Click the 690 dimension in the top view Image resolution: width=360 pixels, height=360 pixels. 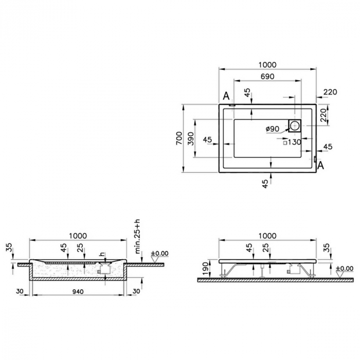[x=267, y=77]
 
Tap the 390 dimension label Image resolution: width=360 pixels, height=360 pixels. [x=191, y=138]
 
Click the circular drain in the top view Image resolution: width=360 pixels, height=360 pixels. [x=295, y=125]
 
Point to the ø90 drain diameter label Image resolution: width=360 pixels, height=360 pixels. [x=273, y=129]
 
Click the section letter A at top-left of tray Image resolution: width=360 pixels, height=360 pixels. [x=226, y=96]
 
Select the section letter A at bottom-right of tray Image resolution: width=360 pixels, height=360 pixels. [x=321, y=165]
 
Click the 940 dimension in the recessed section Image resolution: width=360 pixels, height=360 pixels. [x=77, y=292]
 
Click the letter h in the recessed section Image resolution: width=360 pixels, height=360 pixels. [x=102, y=254]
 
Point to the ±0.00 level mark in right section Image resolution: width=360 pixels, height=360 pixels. [x=344, y=268]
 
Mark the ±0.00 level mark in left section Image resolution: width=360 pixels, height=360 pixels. [x=159, y=253]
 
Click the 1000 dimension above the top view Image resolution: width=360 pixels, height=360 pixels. [x=267, y=65]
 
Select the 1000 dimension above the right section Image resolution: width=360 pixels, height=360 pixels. [x=267, y=236]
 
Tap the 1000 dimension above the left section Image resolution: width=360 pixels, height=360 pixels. [x=78, y=236]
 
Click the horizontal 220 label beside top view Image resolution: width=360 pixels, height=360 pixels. [x=330, y=92]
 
